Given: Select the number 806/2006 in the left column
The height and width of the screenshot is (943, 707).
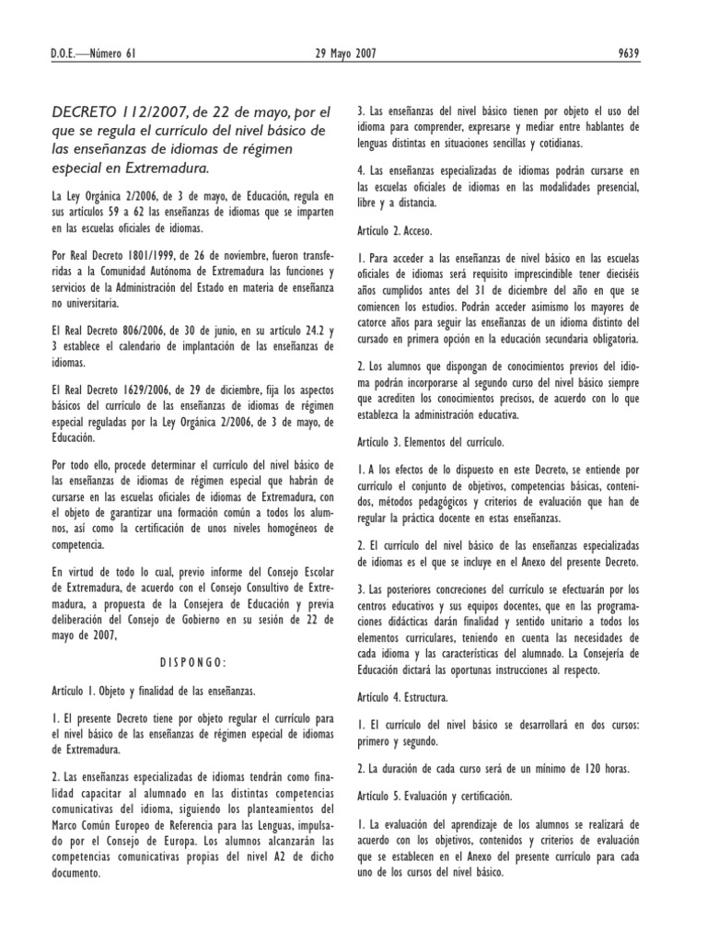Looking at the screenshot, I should point(123,331).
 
